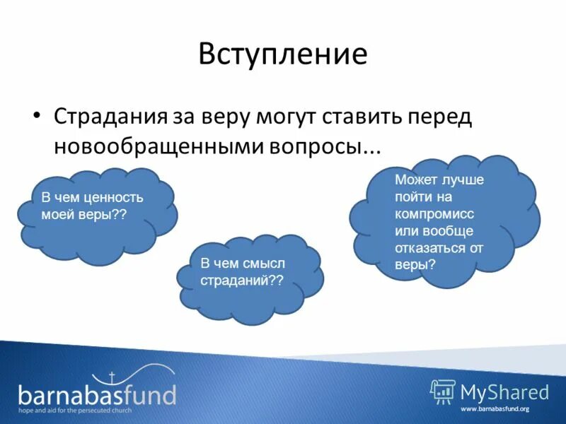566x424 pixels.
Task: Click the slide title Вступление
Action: pyautogui.click(x=283, y=54)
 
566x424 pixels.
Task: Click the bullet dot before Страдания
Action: pyautogui.click(x=37, y=114)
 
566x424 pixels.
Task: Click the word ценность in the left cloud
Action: pyautogui.click(x=114, y=198)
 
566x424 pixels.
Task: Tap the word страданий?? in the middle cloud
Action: pyautogui.click(x=241, y=280)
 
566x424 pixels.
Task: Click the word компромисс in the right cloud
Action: pyautogui.click(x=434, y=213)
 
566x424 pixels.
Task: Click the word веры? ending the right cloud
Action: pyautogui.click(x=415, y=264)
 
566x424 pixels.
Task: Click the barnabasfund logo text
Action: pyautogui.click(x=97, y=393)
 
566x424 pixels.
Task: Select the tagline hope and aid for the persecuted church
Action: pyautogui.click(x=86, y=410)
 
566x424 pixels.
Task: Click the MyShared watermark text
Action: pyautogui.click(x=504, y=391)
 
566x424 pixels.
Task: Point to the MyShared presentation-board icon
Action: pyautogui.click(x=443, y=391)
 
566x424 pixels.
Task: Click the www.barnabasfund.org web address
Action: pyautogui.click(x=495, y=409)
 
